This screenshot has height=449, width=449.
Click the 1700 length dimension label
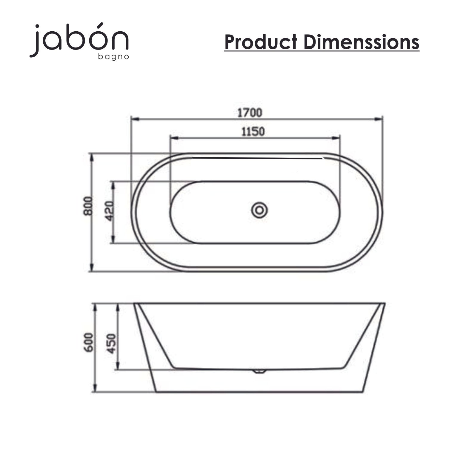pos(250,113)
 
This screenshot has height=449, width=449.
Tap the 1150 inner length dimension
pos(253,131)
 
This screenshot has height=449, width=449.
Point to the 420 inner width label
pos(110,211)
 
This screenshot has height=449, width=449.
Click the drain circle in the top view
pos(259,210)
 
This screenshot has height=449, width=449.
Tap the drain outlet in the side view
pos(259,371)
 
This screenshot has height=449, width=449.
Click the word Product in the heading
pos(261,42)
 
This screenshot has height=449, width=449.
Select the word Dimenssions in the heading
pos(362,42)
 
